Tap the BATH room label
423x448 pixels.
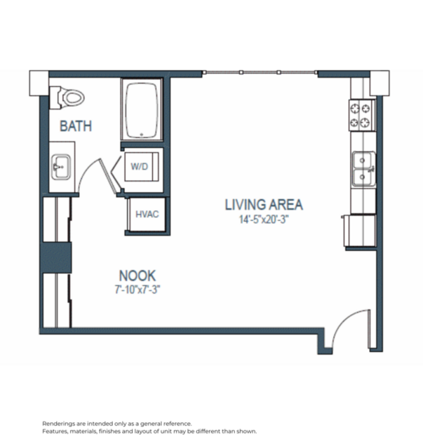(76, 127)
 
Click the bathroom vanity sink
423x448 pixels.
(60, 168)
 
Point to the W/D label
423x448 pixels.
(139, 167)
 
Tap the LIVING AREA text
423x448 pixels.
(264, 205)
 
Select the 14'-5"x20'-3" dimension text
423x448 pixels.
(264, 219)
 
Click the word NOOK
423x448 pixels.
(137, 276)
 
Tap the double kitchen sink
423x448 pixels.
(362, 168)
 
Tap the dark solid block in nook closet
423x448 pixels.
(57, 257)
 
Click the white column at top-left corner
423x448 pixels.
(39, 83)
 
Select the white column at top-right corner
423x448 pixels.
(378, 83)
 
